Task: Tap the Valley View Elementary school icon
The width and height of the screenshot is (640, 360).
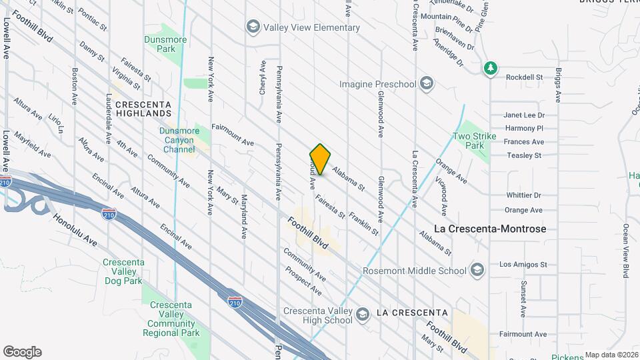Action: click(253, 27)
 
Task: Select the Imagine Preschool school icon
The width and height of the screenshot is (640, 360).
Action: click(427, 84)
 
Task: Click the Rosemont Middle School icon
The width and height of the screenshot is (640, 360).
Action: click(477, 271)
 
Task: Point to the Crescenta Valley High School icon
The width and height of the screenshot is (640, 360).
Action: click(362, 314)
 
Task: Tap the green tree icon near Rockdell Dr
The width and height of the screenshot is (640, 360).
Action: click(491, 68)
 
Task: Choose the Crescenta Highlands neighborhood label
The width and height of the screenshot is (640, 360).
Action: click(143, 109)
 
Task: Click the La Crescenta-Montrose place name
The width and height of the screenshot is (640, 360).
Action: click(490, 229)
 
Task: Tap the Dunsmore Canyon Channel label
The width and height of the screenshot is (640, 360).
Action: click(177, 140)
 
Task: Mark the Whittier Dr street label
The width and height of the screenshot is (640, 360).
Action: click(523, 195)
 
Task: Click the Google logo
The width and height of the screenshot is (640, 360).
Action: click(22, 352)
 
